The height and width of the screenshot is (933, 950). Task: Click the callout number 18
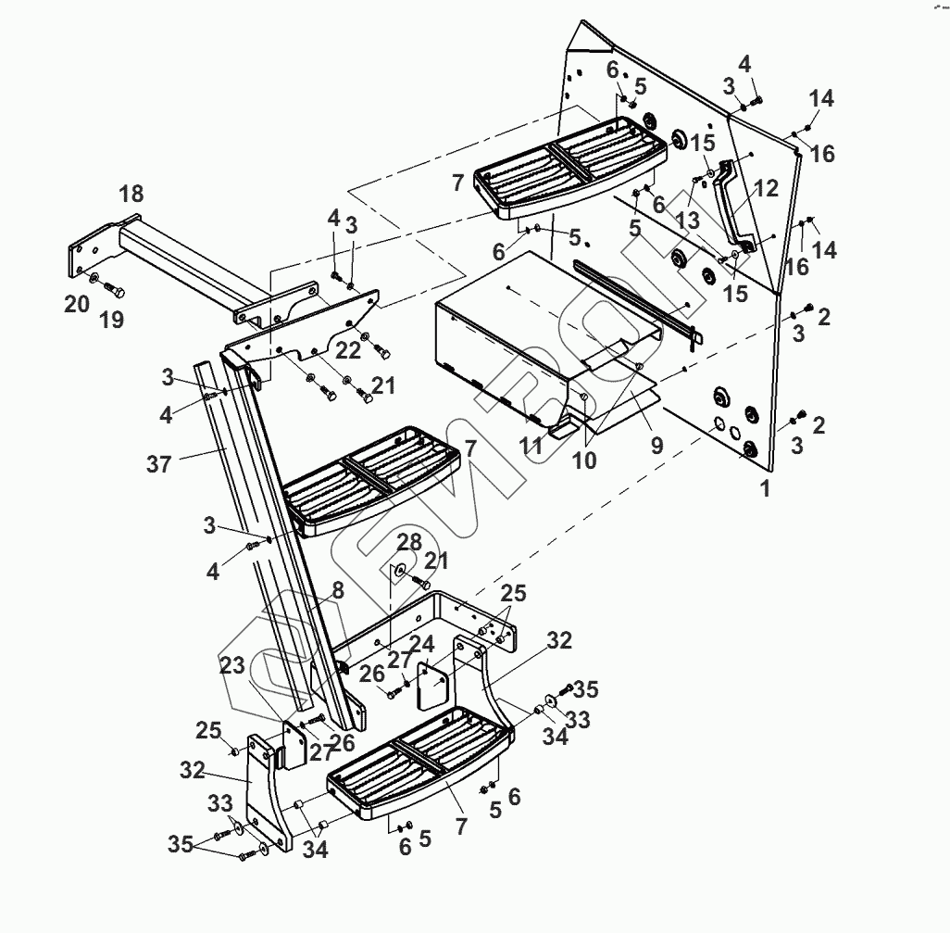point(131,194)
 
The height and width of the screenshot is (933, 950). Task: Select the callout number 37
point(159,462)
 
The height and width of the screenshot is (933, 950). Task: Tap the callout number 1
point(765,489)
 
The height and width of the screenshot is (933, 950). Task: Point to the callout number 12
point(767,188)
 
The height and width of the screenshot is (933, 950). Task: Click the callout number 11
point(531,446)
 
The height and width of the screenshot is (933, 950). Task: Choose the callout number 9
point(656,446)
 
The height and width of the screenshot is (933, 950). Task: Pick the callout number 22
point(347,349)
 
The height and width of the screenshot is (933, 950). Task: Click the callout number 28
point(410,540)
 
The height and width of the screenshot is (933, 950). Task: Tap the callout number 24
point(422,643)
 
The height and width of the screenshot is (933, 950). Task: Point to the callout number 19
point(111,321)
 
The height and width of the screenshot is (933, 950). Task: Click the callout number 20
point(77,303)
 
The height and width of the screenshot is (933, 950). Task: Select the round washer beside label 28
point(399,571)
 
